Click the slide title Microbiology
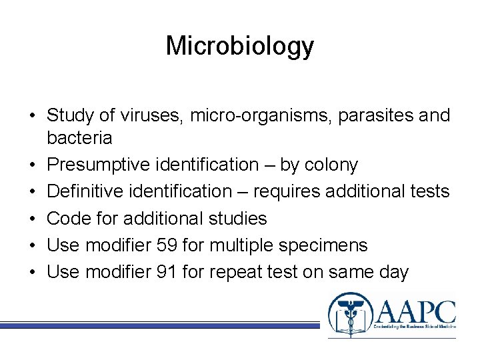pyautogui.click(x=240, y=46)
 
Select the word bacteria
pyautogui.click(x=79, y=138)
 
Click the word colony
pyautogui.click(x=329, y=165)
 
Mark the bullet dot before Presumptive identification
pyautogui.click(x=32, y=165)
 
